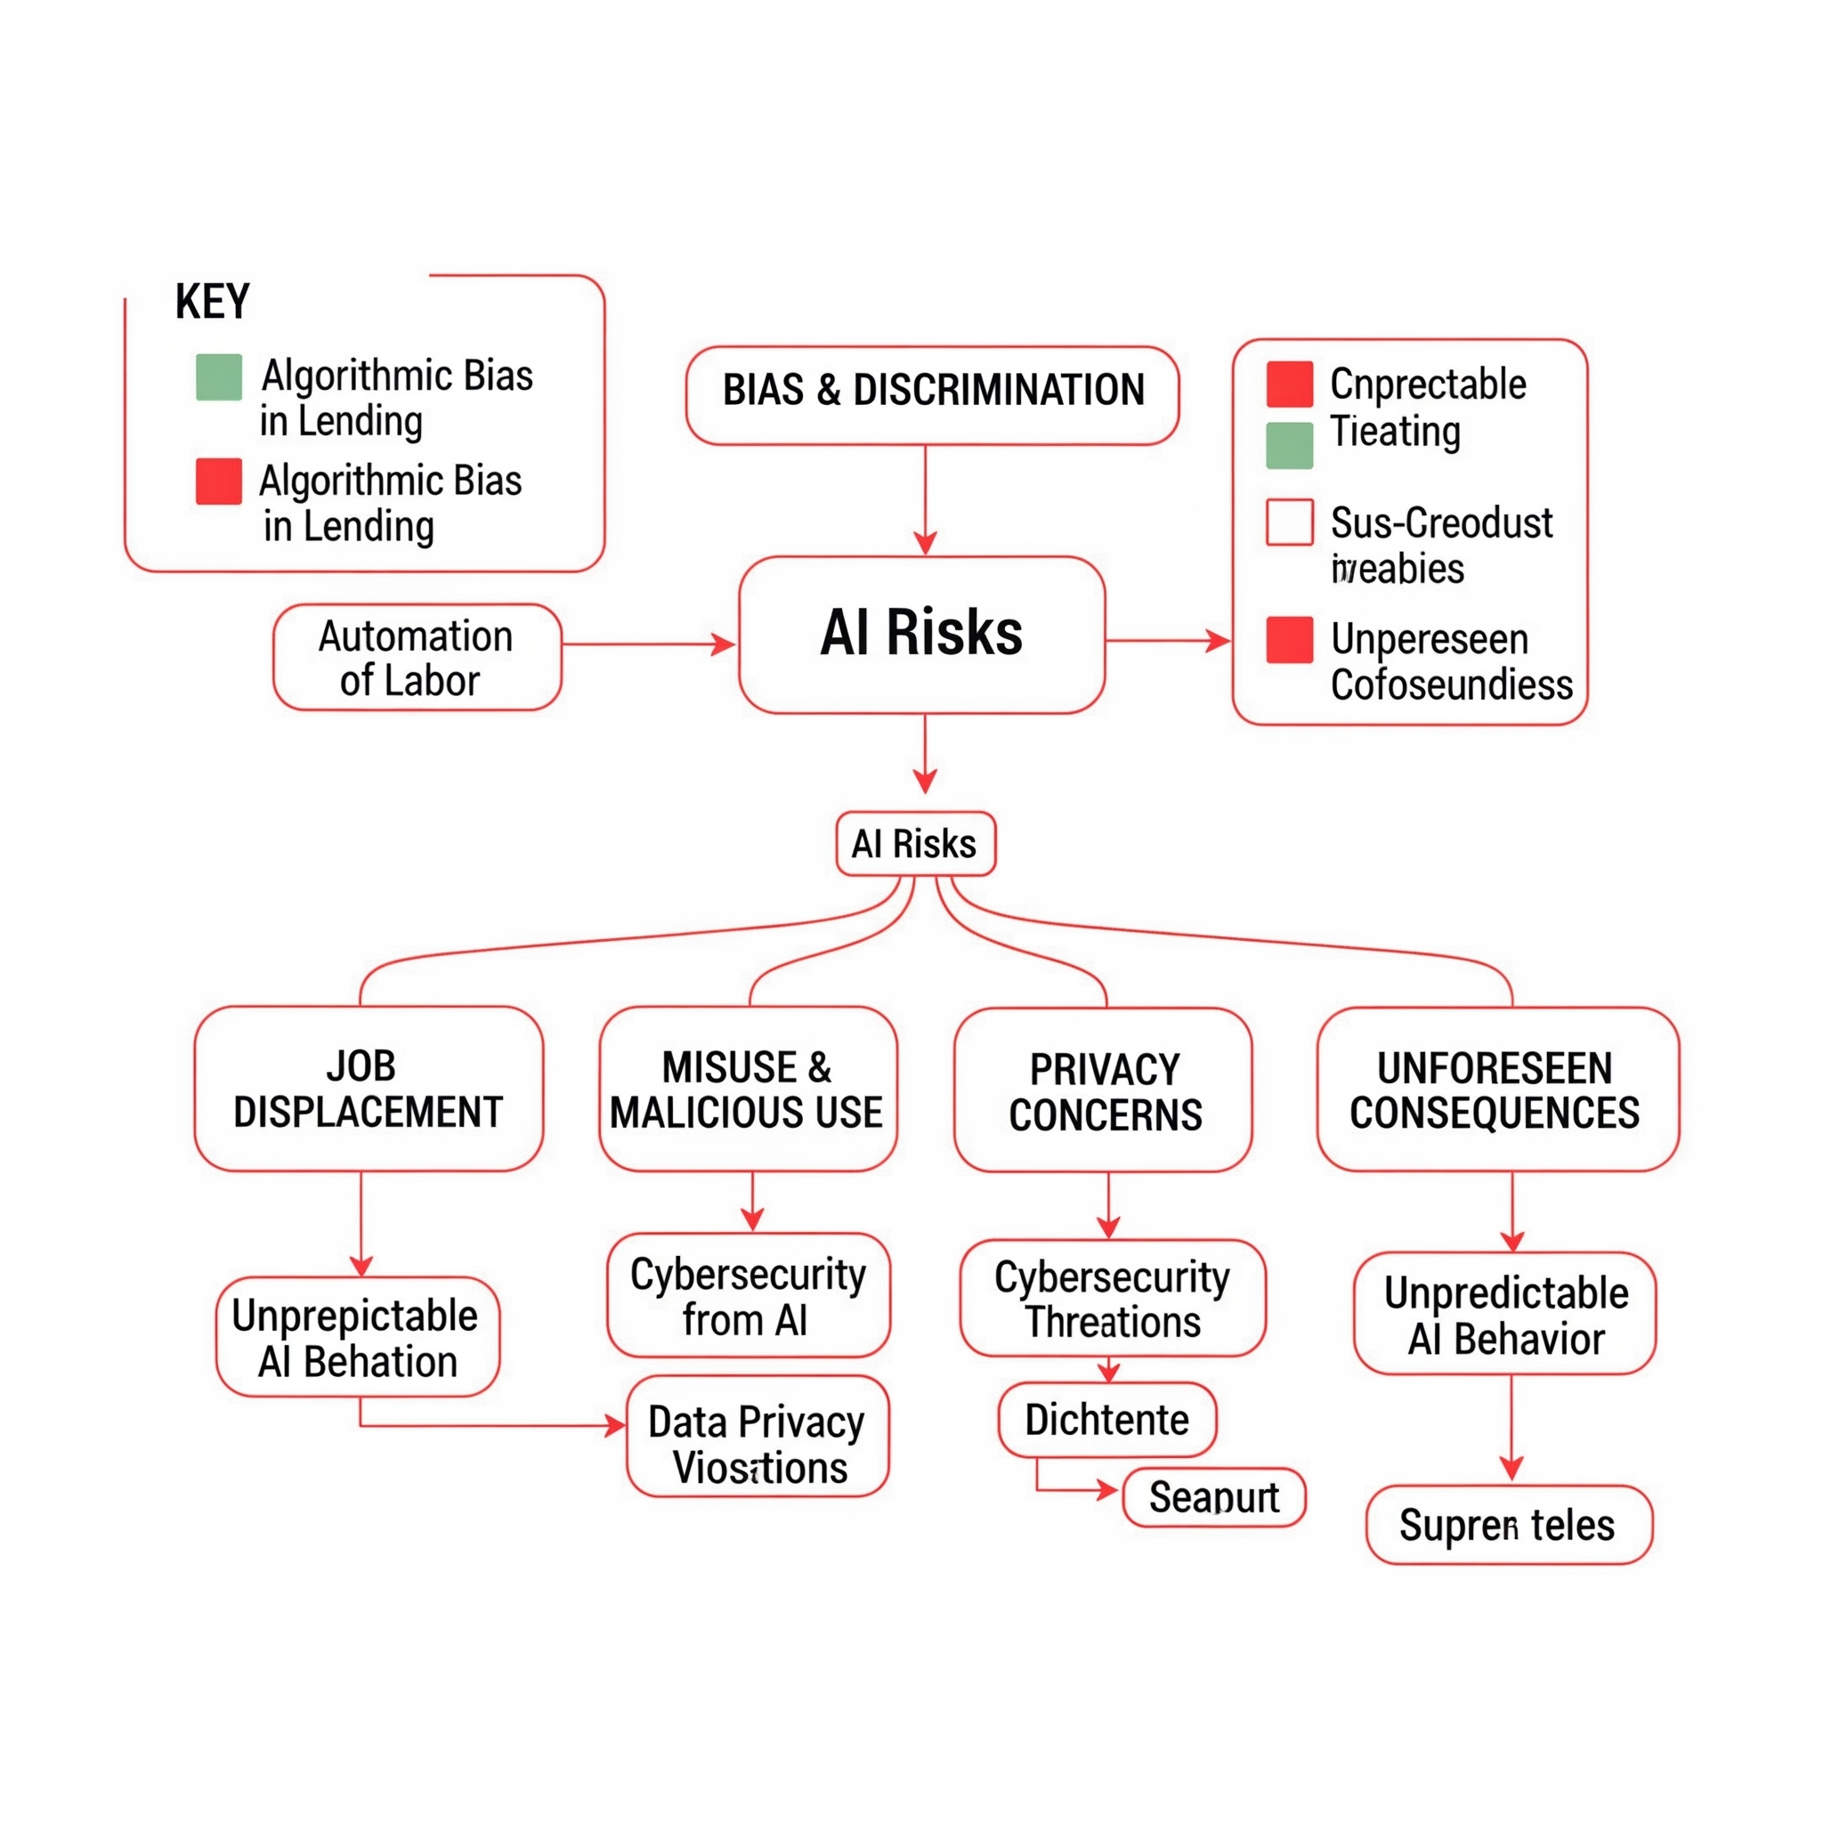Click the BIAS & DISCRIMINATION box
[932, 395]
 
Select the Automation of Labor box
[417, 658]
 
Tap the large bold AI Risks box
[922, 634]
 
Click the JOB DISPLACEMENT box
[368, 1089]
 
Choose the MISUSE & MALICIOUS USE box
[748, 1089]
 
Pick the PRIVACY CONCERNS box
[1103, 1090]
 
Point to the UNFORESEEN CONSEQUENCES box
[1497, 1089]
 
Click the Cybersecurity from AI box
[748, 1295]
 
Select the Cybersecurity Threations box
[1112, 1299]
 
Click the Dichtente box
[1106, 1420]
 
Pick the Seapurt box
[1213, 1497]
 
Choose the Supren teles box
[1508, 1526]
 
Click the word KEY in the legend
[213, 302]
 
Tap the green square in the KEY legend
[219, 377]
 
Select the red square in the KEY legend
[219, 482]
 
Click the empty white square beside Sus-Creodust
[1289, 522]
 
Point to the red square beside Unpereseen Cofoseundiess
[1289, 640]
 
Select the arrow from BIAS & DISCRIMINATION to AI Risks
[925, 500]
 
